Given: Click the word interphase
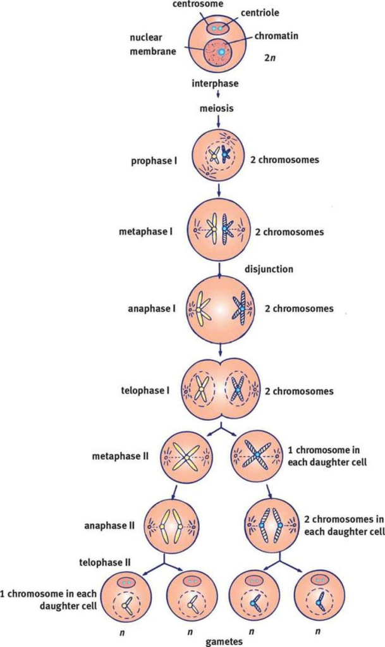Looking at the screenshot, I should point(217,83).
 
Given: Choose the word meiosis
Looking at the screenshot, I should point(217,108).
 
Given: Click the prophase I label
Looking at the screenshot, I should point(152,161).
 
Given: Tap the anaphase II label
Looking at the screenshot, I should point(108,525).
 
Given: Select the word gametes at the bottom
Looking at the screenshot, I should point(224,641).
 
